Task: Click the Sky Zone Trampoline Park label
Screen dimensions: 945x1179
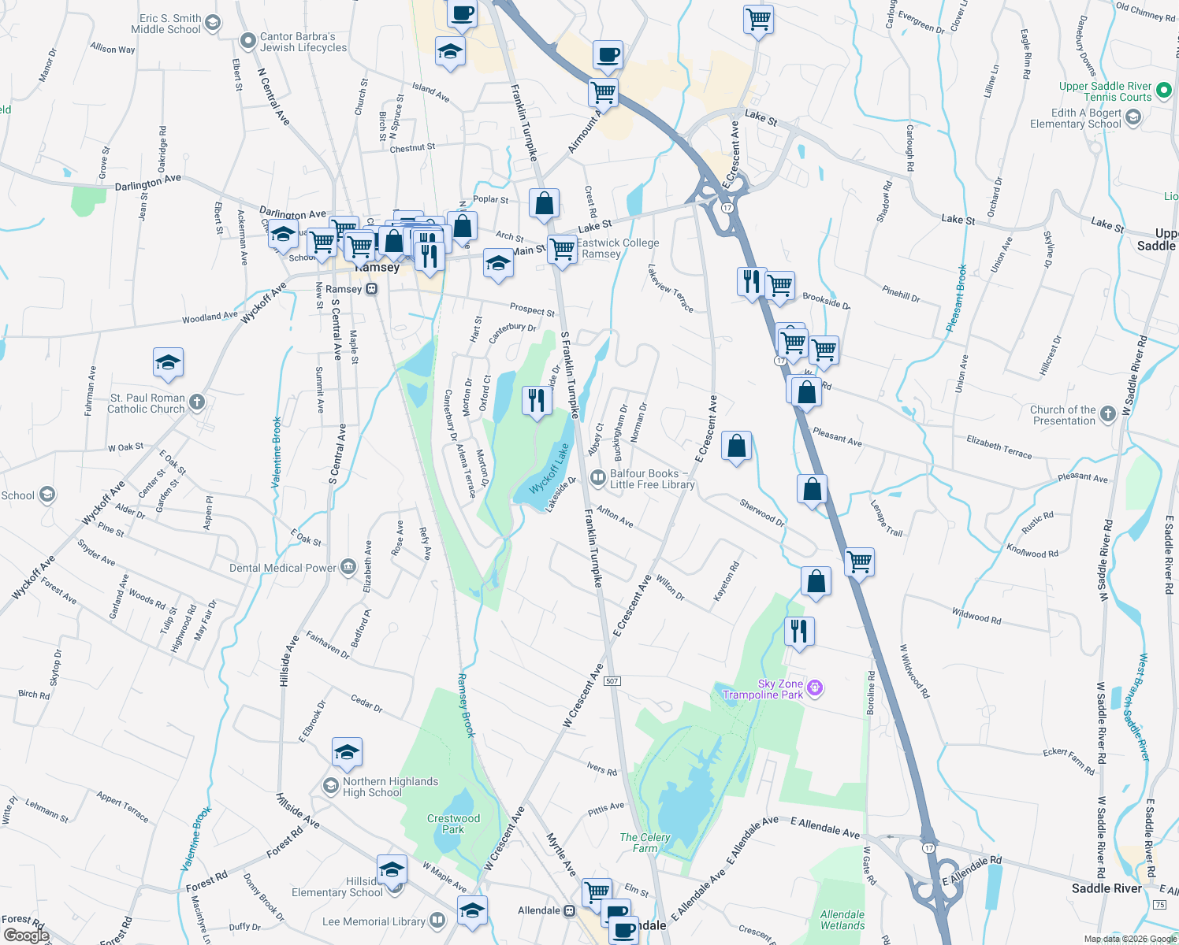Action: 763,689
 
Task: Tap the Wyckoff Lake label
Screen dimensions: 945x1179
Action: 549,469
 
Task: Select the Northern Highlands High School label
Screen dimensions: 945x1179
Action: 389,787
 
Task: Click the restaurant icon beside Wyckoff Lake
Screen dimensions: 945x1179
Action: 536,401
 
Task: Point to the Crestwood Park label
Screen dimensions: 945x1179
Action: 453,824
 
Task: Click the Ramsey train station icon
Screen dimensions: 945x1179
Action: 372,289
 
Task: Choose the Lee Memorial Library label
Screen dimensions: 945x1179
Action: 374,921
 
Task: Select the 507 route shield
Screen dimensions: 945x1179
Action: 612,680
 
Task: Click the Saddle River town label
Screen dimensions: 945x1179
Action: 1106,888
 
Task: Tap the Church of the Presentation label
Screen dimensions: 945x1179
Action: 1062,415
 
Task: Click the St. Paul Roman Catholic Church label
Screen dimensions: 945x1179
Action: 147,403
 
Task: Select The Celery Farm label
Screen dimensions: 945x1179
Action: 645,843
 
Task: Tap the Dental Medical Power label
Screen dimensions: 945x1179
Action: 283,568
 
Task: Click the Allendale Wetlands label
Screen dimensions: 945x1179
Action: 842,920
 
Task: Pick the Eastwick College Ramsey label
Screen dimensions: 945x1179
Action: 617,248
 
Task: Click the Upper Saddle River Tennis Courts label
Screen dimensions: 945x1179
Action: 1105,91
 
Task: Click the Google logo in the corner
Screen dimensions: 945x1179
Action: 26,936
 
